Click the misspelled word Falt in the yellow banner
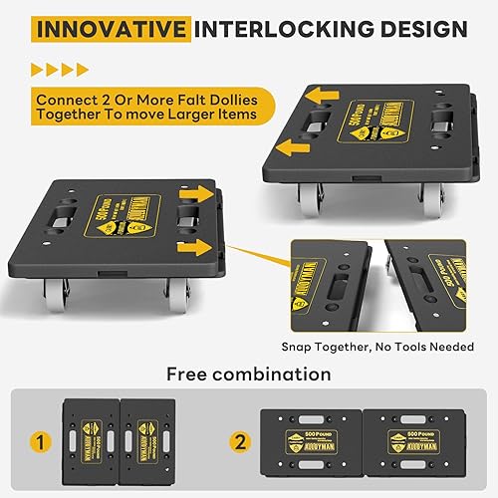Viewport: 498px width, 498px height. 175,100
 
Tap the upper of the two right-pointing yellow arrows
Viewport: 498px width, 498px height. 196,194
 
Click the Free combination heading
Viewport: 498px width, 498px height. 249,374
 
